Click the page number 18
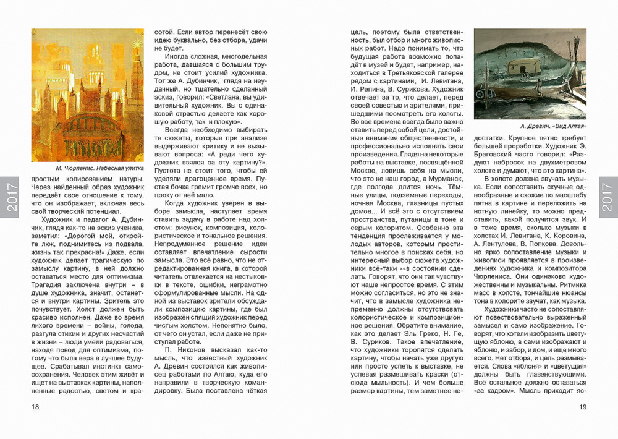pos(35,406)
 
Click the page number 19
pos(582,406)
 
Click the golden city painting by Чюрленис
pos(87,95)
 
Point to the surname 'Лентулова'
pos(499,244)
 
